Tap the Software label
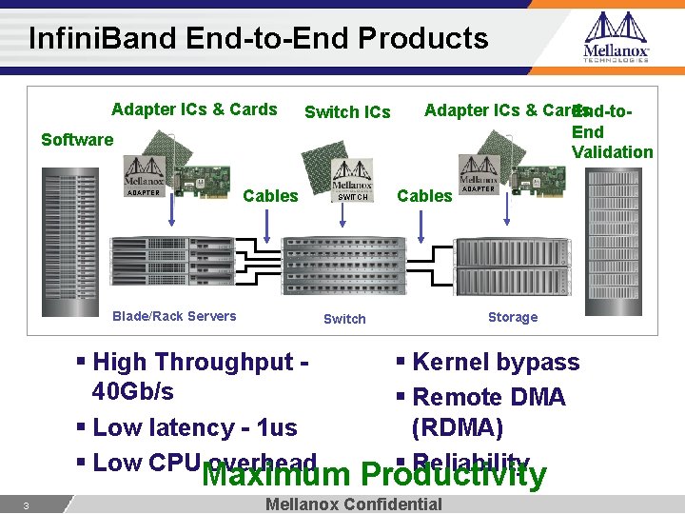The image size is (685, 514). (77, 140)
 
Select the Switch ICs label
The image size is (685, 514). (347, 112)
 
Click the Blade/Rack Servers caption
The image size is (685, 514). (174, 316)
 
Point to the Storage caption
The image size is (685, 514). (513, 317)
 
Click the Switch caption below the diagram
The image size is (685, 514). (344, 319)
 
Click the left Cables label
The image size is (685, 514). (271, 196)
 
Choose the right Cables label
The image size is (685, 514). (424, 196)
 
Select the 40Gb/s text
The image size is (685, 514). (133, 392)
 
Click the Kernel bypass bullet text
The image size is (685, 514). (496, 363)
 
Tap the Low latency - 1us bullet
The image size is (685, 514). (195, 428)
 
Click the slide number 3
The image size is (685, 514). (28, 505)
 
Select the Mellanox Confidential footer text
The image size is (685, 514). (354, 504)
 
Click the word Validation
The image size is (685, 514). (612, 152)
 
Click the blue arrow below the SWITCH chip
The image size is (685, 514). (345, 218)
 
